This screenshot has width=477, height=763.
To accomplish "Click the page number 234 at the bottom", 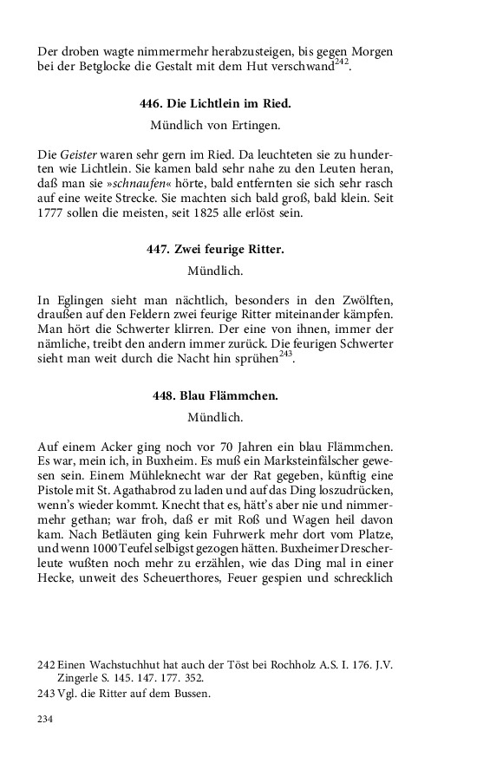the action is (x=45, y=720).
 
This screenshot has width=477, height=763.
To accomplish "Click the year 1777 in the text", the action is (x=51, y=217).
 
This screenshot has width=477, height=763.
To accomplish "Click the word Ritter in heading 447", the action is (x=265, y=249).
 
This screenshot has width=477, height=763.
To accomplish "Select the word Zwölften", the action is (x=363, y=300).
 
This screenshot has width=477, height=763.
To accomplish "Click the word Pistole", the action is (x=58, y=494).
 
